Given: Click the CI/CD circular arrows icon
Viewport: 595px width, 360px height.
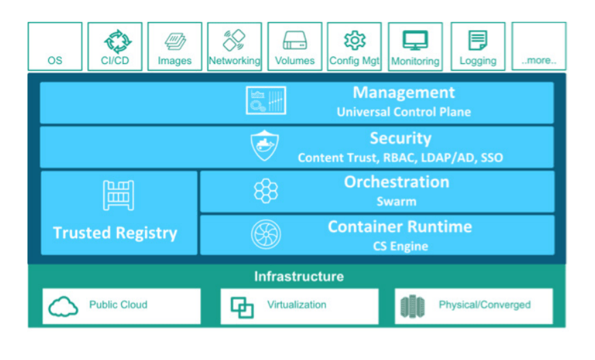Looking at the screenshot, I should click(115, 41).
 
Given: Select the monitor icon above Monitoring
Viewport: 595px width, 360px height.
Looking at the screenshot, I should click(415, 41).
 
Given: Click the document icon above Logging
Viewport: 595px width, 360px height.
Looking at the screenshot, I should click(478, 41).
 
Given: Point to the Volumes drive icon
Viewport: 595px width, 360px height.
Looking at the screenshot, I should click(295, 42).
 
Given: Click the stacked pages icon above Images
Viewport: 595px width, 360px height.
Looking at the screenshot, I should click(175, 42).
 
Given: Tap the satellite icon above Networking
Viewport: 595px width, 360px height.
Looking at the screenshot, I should click(234, 40).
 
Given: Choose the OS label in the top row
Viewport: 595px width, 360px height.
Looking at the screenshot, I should click(54, 61).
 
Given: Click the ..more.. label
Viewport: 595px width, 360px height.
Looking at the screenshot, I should click(538, 61).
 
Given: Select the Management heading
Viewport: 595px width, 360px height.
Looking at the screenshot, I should click(404, 93).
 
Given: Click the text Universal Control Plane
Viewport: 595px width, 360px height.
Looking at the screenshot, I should click(404, 112).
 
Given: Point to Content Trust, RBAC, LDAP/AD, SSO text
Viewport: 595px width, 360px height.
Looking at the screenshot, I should click(400, 158).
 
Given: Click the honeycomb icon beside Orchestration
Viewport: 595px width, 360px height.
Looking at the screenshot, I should click(265, 191).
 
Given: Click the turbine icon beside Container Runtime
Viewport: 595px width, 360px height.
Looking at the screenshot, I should click(265, 234).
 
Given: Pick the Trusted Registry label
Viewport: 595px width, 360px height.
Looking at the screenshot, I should click(115, 233).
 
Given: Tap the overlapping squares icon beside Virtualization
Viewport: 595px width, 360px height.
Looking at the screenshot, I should click(242, 308).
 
